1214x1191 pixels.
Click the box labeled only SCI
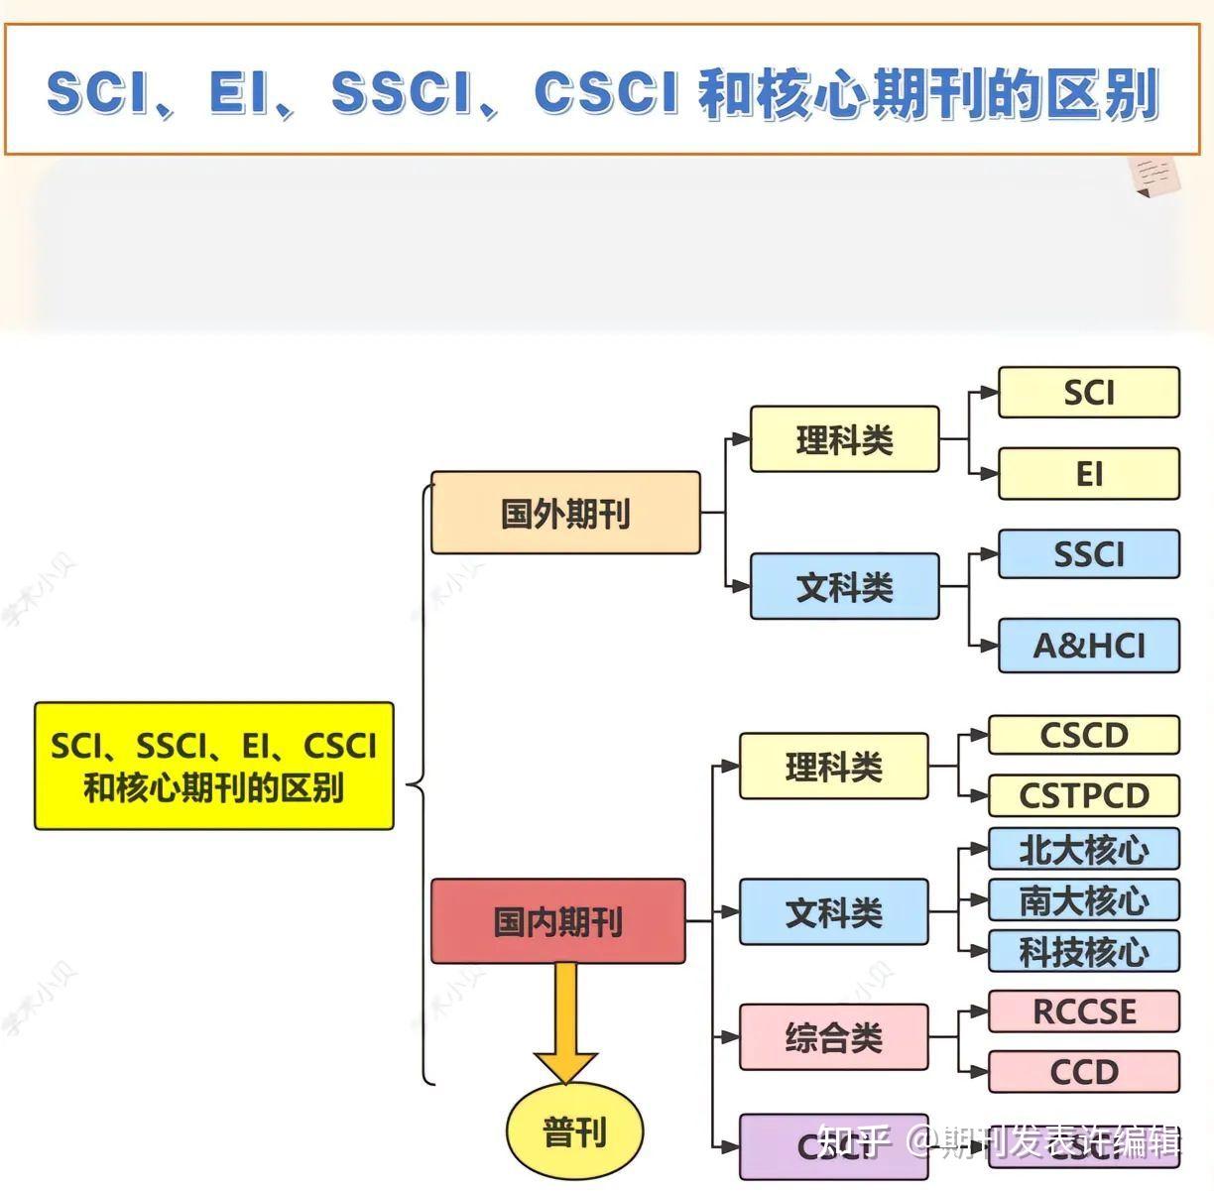point(1088,393)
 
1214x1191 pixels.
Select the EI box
point(1088,474)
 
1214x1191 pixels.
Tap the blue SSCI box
point(1088,553)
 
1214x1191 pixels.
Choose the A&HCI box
point(1088,646)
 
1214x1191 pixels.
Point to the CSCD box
point(1083,736)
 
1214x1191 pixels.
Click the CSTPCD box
point(1083,795)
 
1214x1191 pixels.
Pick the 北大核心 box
point(1083,849)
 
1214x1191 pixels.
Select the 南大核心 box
point(1083,900)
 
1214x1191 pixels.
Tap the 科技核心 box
point(1083,952)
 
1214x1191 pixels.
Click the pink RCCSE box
point(1083,1012)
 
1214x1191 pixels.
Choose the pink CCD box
point(1083,1072)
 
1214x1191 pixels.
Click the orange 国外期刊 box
point(565,513)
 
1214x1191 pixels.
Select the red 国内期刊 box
point(557,921)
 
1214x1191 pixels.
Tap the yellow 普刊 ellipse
point(574,1131)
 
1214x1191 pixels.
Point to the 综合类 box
point(833,1037)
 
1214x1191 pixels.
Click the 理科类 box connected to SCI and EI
point(844,439)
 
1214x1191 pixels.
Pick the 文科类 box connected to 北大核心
point(833,911)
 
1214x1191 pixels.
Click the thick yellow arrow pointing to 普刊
point(565,1021)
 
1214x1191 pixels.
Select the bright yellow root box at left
point(214,766)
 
